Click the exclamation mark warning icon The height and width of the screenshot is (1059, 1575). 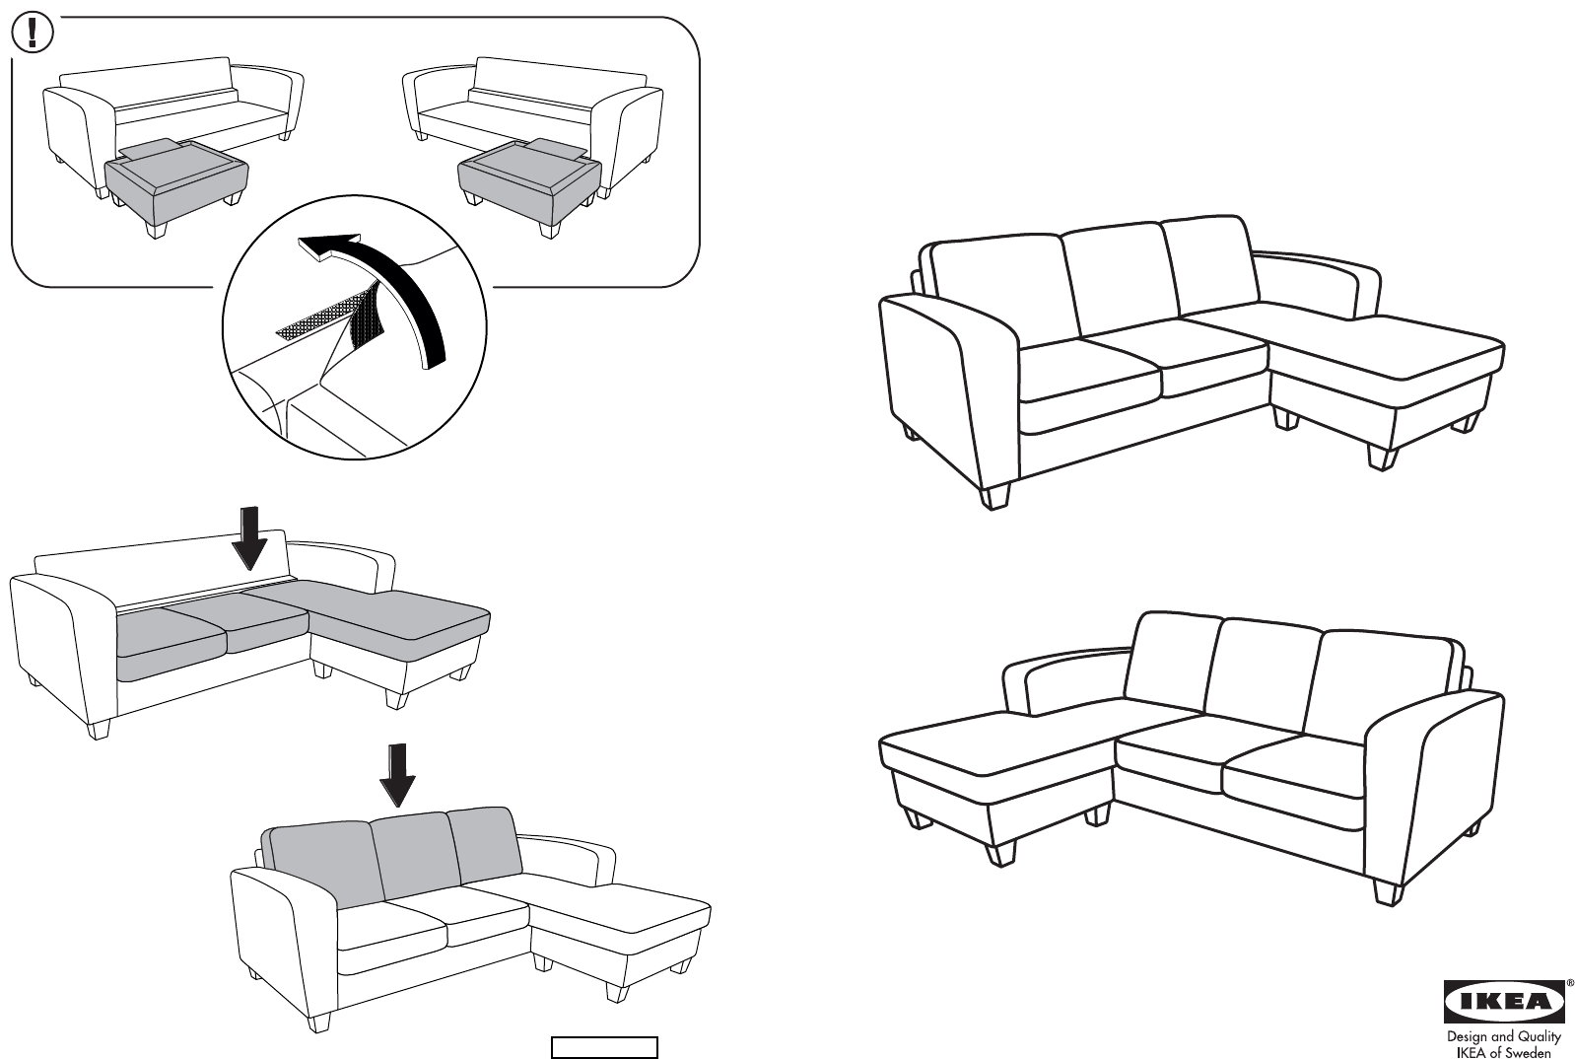33,34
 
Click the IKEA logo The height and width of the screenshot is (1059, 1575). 1504,1001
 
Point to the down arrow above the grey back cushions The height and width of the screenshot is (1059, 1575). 397,774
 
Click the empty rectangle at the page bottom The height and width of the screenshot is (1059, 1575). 604,1046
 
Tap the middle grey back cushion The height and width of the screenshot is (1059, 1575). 415,855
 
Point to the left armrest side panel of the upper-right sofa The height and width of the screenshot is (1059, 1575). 949,391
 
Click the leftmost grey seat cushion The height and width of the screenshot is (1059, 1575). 169,644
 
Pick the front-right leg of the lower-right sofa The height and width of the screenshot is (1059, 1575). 1388,893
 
